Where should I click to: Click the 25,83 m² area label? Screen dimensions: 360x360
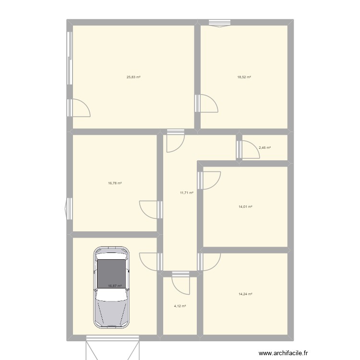[x=133, y=77]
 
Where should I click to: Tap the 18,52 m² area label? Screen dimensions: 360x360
[x=244, y=77]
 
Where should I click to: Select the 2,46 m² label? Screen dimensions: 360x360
[x=264, y=147]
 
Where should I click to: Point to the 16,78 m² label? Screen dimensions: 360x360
[x=115, y=183]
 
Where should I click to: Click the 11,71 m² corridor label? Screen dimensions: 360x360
[x=186, y=192]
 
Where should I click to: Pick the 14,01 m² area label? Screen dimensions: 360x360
[x=245, y=207]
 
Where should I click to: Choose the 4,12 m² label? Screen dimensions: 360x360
[x=180, y=306]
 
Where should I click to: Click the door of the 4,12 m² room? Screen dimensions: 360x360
[x=180, y=283]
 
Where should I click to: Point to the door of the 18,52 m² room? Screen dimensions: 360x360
[x=206, y=104]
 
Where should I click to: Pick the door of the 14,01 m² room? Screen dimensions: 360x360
[x=210, y=180]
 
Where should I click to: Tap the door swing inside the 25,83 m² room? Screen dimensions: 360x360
[x=79, y=108]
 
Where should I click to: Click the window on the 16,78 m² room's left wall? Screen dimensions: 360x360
[x=69, y=209]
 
